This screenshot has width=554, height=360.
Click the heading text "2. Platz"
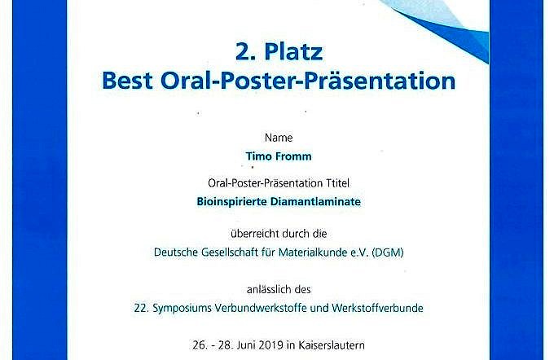(279, 51)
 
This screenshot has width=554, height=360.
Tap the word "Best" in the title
(127, 81)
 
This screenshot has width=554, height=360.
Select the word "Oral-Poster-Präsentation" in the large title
(308, 81)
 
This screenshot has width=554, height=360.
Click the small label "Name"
(279, 138)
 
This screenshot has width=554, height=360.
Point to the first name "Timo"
(258, 156)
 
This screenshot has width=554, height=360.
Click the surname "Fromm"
(293, 156)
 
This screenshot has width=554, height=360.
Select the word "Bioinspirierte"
(231, 202)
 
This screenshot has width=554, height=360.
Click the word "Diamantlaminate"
(315, 202)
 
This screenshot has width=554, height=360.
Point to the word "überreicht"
(253, 234)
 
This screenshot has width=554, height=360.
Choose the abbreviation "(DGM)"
(388, 252)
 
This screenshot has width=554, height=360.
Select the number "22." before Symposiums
(141, 308)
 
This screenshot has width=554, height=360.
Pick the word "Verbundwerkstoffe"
(261, 308)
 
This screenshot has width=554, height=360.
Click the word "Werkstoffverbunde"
(377, 308)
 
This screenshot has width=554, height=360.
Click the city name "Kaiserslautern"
(332, 345)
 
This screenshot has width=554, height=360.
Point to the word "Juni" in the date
(246, 345)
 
